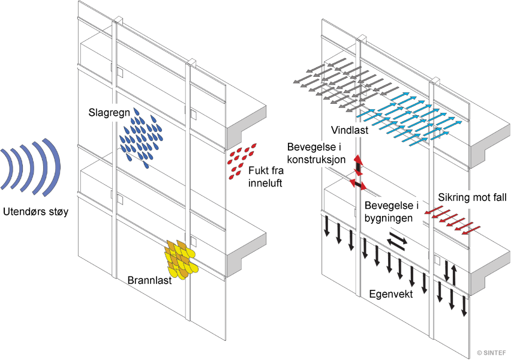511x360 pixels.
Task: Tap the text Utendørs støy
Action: (x=35, y=211)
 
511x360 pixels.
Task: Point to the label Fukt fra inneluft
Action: (x=266, y=177)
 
